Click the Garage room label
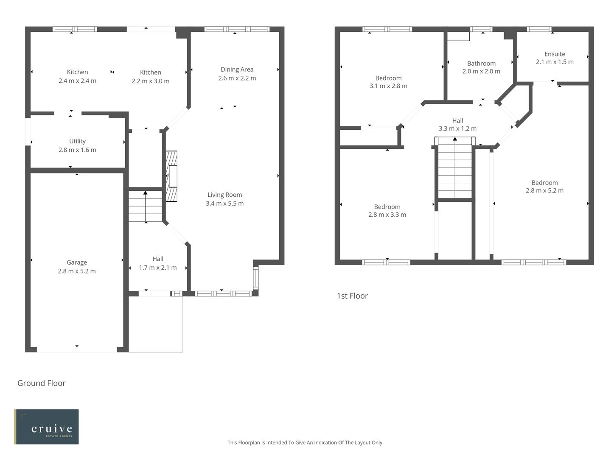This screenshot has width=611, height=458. point(77,263)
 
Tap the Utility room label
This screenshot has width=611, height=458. point(77,141)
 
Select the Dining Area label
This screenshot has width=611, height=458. point(237,70)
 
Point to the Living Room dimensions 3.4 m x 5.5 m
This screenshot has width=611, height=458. point(224,204)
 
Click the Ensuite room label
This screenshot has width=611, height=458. point(555,54)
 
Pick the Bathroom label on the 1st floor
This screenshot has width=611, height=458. point(481,64)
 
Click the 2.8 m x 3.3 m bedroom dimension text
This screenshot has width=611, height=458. point(387,215)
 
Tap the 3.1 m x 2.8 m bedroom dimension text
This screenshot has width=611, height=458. point(388,86)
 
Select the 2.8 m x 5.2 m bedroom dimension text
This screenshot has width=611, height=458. point(544,190)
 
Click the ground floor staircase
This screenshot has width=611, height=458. point(146,207)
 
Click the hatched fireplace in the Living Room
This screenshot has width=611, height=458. point(171,176)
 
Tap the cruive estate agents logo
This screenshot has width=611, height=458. point(47,427)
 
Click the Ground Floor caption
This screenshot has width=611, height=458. point(42,383)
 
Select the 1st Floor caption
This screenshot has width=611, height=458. point(352,296)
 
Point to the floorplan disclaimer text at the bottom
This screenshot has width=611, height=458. point(305,442)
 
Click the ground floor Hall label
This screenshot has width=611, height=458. point(158,259)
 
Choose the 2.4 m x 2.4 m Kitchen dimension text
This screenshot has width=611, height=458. point(77,81)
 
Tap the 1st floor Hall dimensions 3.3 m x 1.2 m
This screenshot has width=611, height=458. point(457,128)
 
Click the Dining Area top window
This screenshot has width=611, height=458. point(237,29)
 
